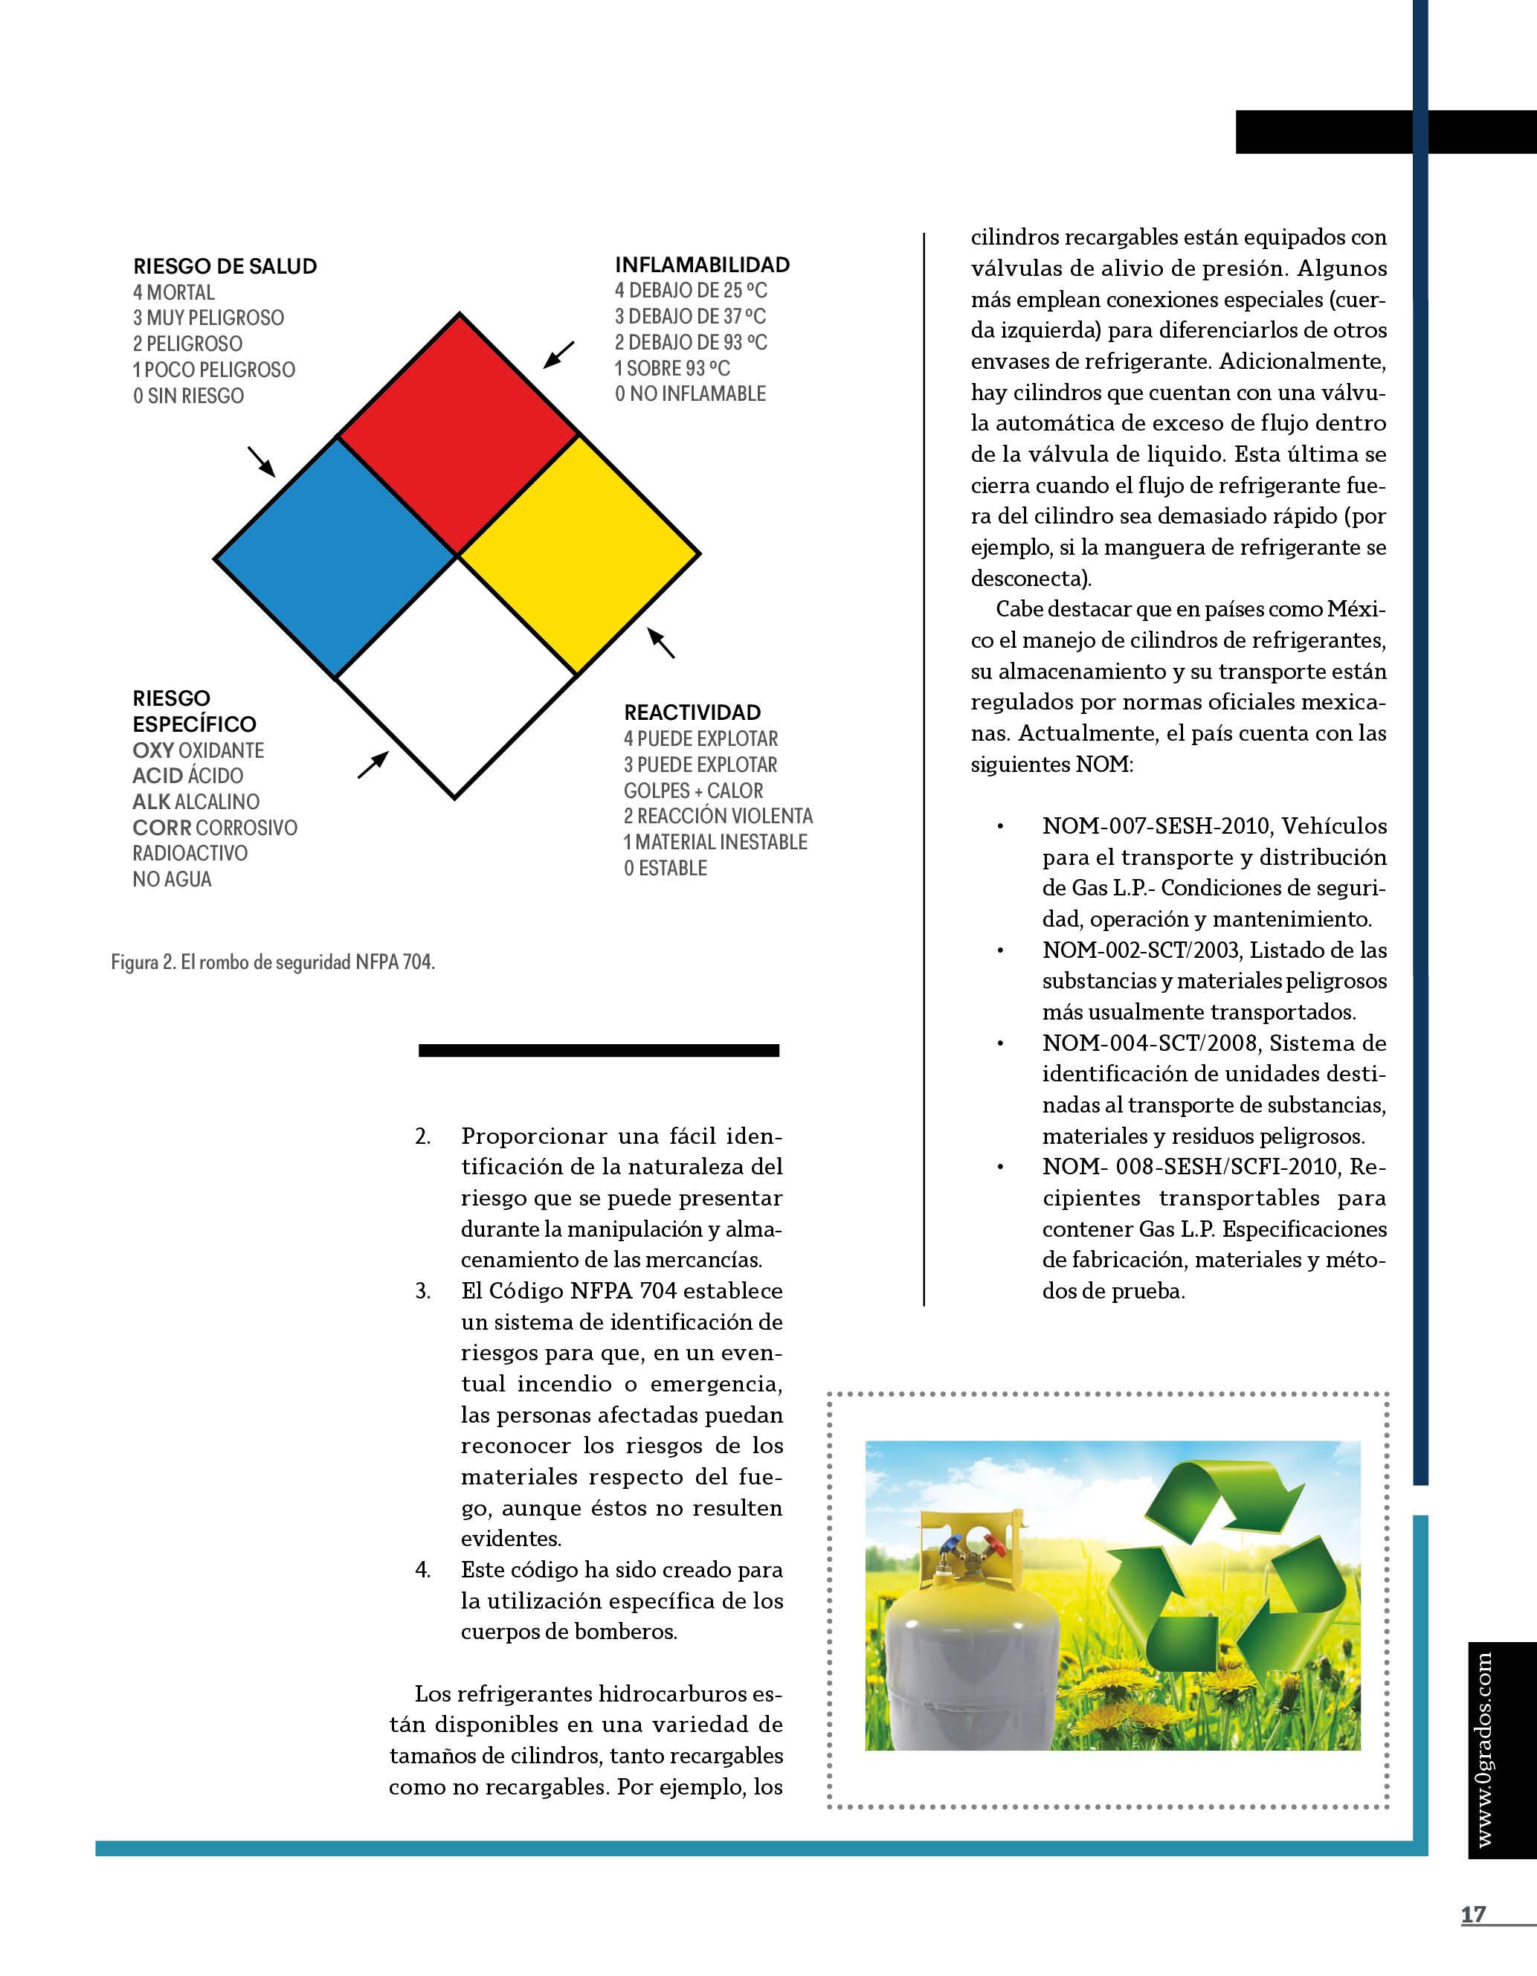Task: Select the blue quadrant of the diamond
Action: tap(335, 556)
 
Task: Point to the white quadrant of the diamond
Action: tap(456, 678)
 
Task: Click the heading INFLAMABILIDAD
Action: tap(702, 265)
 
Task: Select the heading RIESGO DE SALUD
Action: tap(225, 266)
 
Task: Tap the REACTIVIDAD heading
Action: tap(692, 712)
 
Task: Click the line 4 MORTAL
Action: tap(174, 292)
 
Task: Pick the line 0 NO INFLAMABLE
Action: tap(690, 393)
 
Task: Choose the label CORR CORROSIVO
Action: tap(214, 828)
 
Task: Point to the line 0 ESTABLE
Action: tap(665, 868)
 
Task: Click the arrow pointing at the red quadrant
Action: tap(558, 355)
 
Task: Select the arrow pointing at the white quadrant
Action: tap(373, 765)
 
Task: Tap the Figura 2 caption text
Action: tap(273, 962)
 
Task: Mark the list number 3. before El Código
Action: tap(423, 1291)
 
